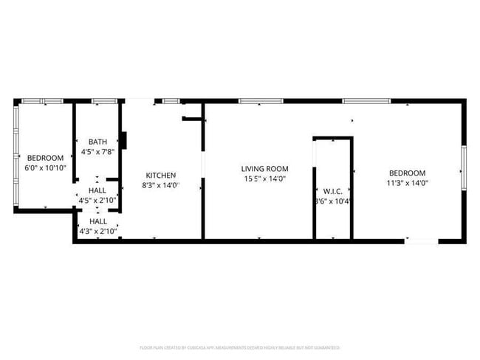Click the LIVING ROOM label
264,169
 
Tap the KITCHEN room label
160,175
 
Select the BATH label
97,142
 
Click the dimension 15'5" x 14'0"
264,179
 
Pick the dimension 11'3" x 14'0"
407,183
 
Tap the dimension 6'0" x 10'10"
46,167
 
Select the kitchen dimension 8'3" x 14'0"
160,185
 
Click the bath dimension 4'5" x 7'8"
97,152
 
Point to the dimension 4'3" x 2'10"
97,231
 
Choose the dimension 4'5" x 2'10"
97,200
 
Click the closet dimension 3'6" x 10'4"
332,201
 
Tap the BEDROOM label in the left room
46,157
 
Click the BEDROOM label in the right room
407,173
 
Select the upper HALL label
97,190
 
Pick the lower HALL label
97,221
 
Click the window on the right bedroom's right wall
464,169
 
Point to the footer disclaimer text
240,347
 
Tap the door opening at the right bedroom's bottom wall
422,240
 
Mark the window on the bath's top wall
102,101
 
